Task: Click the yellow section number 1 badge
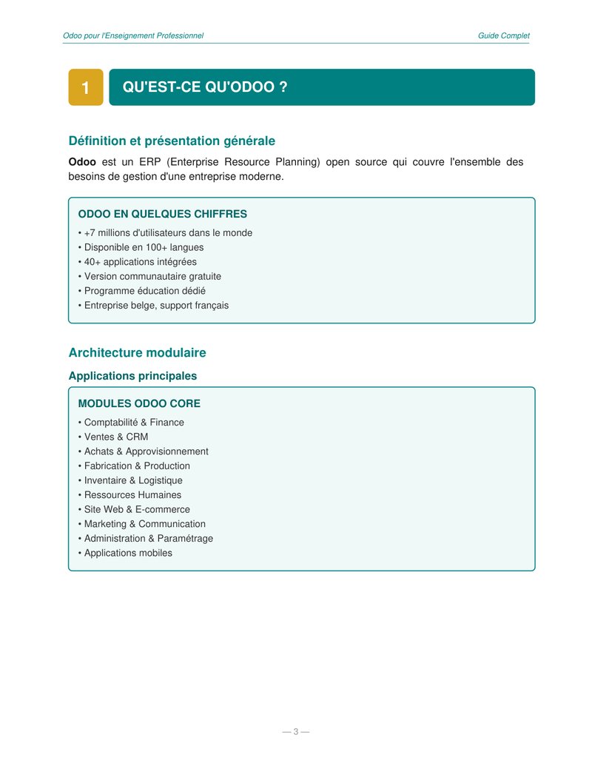86,88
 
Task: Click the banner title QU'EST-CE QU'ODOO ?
205,87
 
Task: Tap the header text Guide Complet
503,36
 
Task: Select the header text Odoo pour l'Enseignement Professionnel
133,36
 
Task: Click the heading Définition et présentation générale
172,141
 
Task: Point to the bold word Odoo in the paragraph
82,162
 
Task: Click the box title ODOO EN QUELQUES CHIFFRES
163,214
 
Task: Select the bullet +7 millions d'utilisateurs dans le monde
167,233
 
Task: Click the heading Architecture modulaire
137,353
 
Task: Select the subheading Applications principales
132,376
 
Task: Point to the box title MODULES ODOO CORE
139,404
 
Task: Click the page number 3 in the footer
296,732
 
